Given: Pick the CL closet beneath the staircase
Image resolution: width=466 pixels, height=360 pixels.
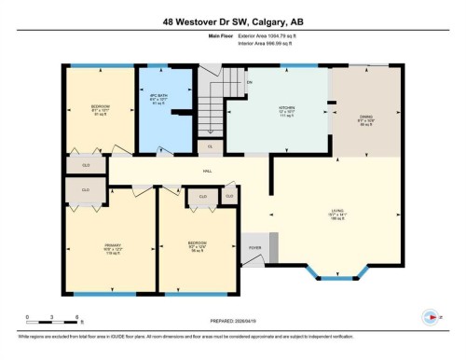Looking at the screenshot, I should (211, 146).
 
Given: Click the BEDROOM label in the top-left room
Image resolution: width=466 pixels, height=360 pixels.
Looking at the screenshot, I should (101, 108).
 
